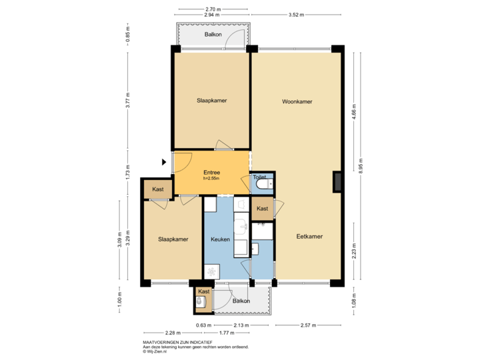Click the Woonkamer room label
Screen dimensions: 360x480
(x=297, y=102)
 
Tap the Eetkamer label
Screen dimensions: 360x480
(x=309, y=236)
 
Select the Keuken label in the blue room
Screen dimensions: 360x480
(x=220, y=239)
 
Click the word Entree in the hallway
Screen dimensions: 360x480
(x=212, y=173)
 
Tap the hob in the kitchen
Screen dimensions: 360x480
(x=213, y=271)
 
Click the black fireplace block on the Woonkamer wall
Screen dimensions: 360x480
(x=337, y=181)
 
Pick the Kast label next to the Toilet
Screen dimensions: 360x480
(x=263, y=209)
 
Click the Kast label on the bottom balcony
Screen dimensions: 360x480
(x=203, y=291)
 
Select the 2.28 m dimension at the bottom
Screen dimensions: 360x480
(x=173, y=332)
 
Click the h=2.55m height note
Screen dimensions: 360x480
(x=212, y=179)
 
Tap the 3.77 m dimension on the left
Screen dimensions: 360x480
(x=128, y=100)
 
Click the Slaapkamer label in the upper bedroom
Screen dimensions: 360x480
(x=211, y=101)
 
